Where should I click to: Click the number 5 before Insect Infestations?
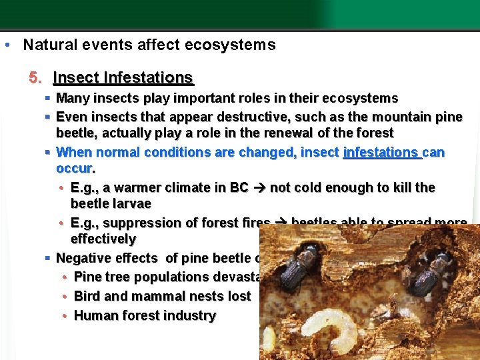[x=34, y=78]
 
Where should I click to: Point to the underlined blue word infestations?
[x=381, y=152]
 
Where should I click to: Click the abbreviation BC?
[x=239, y=187]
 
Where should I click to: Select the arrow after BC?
[x=259, y=187]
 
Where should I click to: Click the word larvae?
[x=129, y=203]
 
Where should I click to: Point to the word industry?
[x=192, y=315]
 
